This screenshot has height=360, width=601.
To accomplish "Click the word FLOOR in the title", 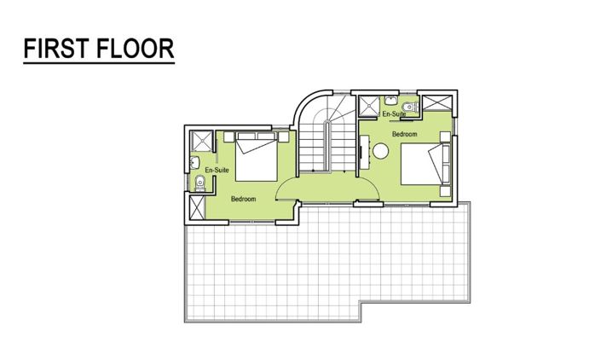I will [137, 49].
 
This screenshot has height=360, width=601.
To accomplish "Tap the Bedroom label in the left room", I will [245, 199].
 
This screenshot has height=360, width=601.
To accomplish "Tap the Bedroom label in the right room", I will [405, 134].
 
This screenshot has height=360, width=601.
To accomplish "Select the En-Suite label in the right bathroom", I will [393, 113].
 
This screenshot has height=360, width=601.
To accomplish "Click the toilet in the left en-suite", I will [199, 181].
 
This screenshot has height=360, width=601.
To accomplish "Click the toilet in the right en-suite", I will [411, 106].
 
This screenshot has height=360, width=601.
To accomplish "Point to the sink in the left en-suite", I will [195, 161].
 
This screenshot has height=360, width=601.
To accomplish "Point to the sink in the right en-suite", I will [395, 103].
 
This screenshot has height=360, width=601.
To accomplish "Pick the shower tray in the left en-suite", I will [199, 142].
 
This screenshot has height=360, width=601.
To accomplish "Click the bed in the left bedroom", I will [255, 160].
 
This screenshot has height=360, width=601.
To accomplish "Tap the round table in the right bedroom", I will [381, 151].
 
